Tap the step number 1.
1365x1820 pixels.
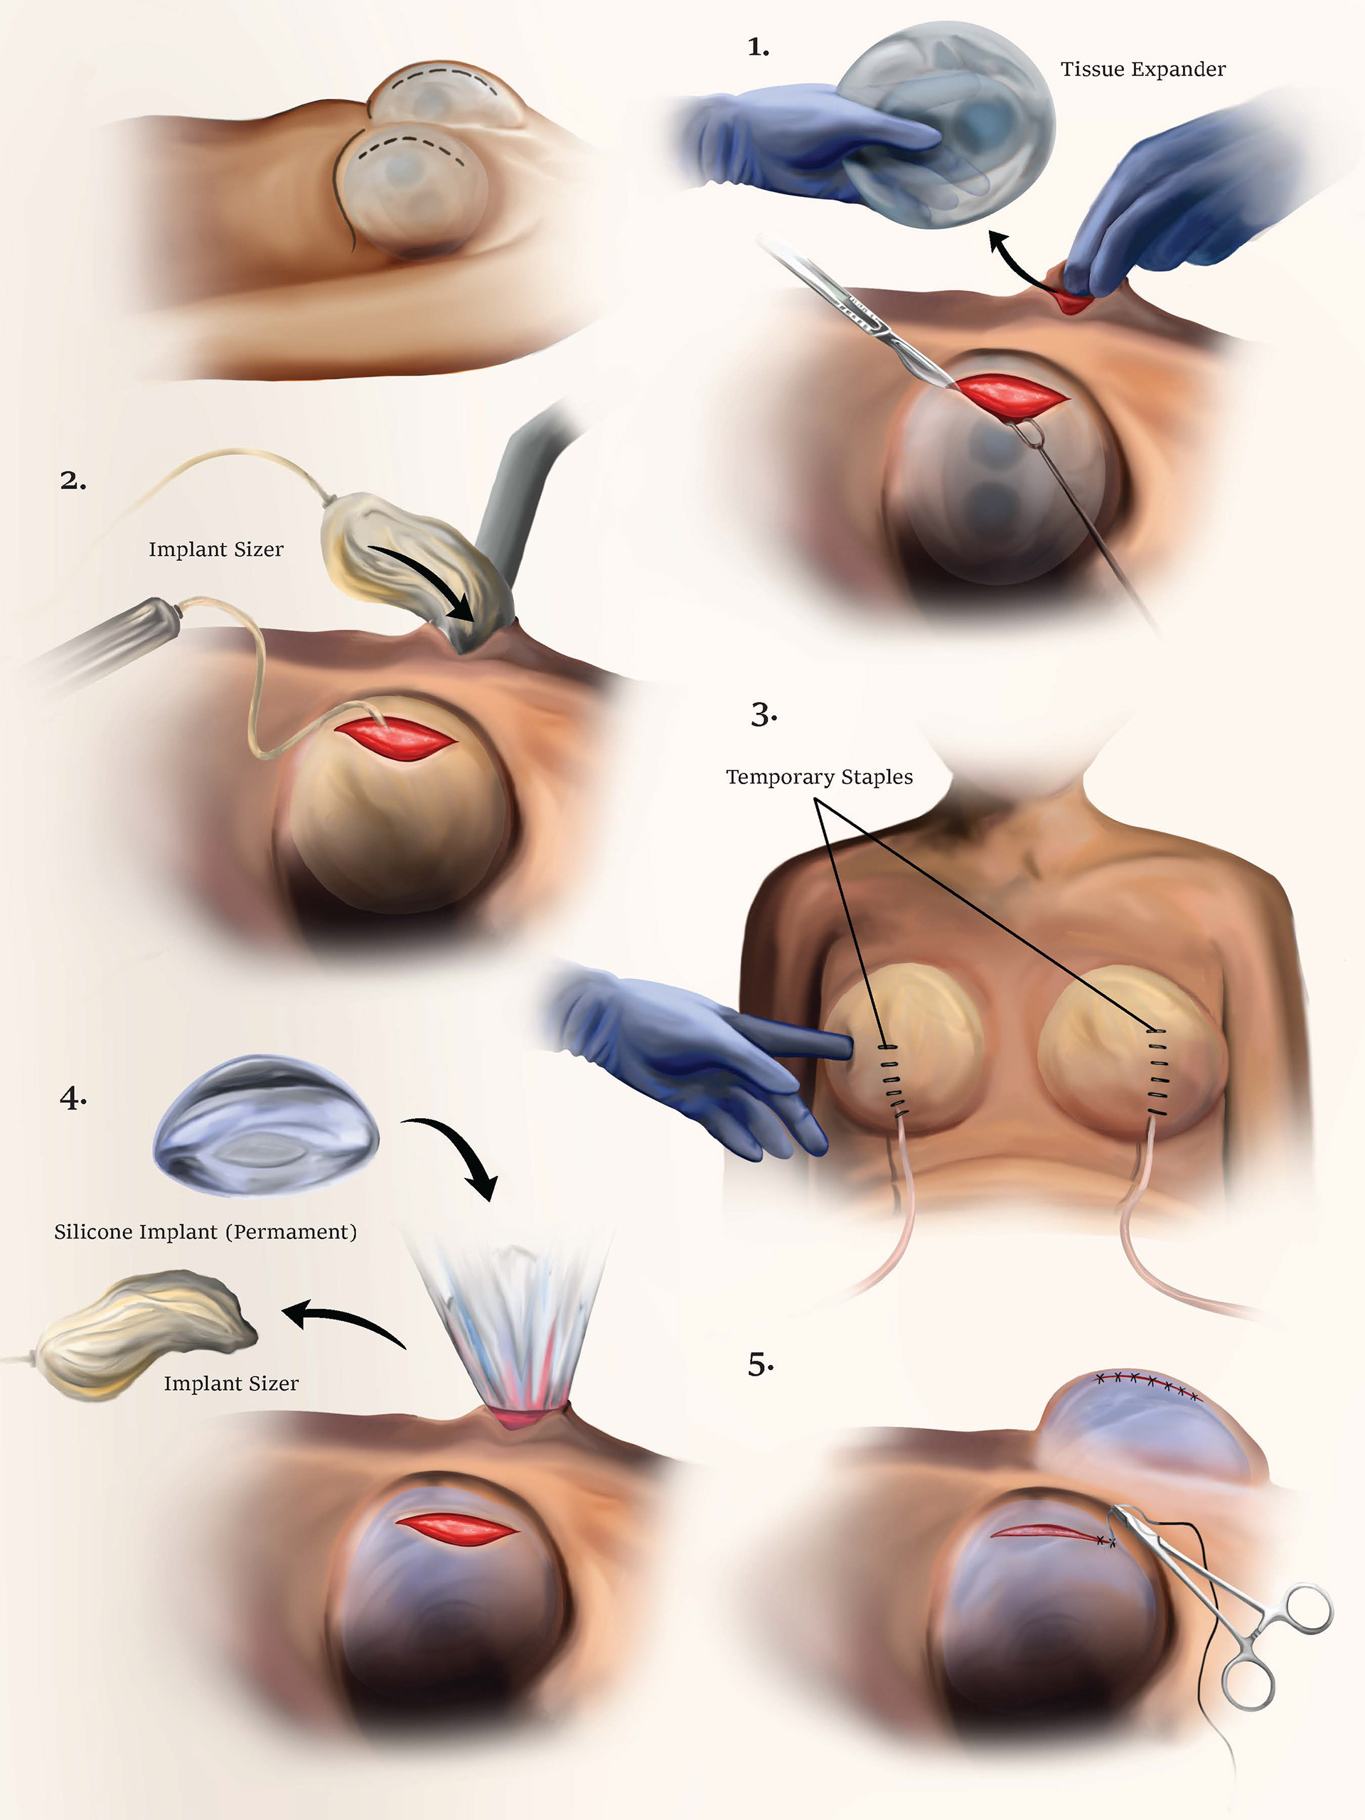pos(758,48)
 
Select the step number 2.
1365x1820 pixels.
pos(73,481)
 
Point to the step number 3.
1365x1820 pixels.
pos(763,714)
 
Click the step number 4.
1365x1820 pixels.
pos(73,1098)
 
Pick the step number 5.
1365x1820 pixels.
pos(759,1365)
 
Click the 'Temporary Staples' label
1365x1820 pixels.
pos(819,778)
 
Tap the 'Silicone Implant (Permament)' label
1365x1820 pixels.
pos(205,1232)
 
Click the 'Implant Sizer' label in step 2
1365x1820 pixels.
pos(215,550)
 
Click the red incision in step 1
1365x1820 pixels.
pos(1014,396)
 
